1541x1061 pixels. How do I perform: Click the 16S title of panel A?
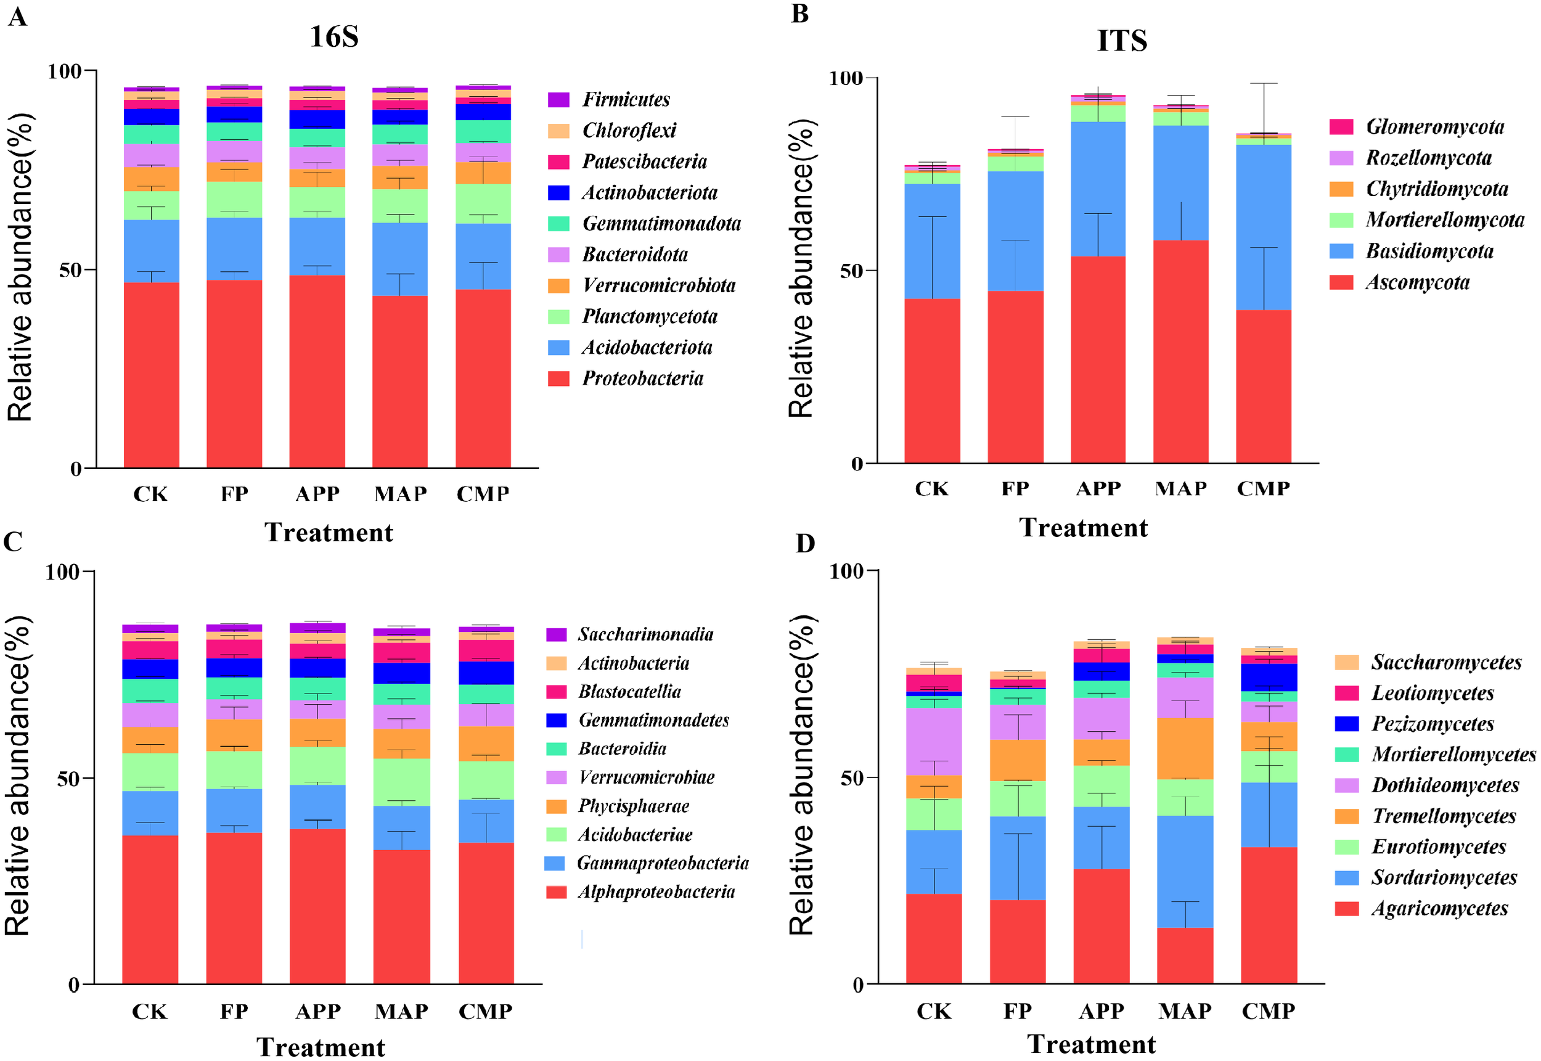334,36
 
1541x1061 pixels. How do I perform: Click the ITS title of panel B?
1121,41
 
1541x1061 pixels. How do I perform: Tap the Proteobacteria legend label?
642,379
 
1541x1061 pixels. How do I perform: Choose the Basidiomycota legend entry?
1429,251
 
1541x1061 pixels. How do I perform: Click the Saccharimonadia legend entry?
645,634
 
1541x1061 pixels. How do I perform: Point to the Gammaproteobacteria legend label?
662,863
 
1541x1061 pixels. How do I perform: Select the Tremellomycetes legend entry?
1444,816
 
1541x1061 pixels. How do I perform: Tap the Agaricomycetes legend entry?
1439,908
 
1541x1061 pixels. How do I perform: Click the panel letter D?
805,543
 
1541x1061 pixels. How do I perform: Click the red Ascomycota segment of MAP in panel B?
1180,353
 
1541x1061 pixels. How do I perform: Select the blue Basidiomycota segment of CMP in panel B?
1263,226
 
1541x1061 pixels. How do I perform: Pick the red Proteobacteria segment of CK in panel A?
152,375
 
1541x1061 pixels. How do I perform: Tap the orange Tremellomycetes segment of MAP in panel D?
1185,748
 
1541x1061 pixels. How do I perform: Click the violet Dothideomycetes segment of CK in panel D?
934,741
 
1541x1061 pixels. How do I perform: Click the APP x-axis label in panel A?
317,494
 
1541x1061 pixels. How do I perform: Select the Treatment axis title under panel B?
1083,528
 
